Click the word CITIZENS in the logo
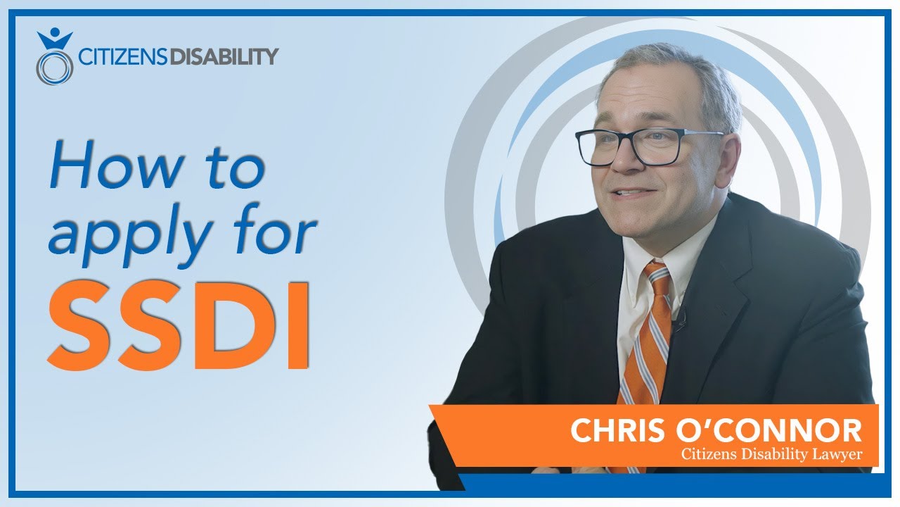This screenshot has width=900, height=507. pyautogui.click(x=122, y=56)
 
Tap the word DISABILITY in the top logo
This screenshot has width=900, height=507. pyautogui.click(x=224, y=56)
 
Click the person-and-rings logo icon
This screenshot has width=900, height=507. pyautogui.click(x=54, y=57)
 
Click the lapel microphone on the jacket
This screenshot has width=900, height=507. pyautogui.click(x=680, y=323)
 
